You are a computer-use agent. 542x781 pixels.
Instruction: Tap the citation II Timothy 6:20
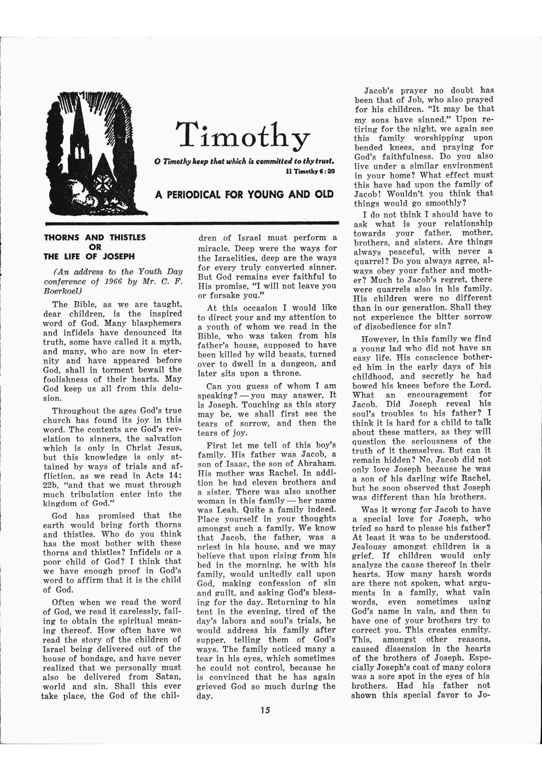coord(311,172)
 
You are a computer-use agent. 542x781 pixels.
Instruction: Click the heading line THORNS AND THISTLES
coord(95,238)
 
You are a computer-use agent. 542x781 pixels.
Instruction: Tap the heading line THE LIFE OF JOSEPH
coord(89,257)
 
